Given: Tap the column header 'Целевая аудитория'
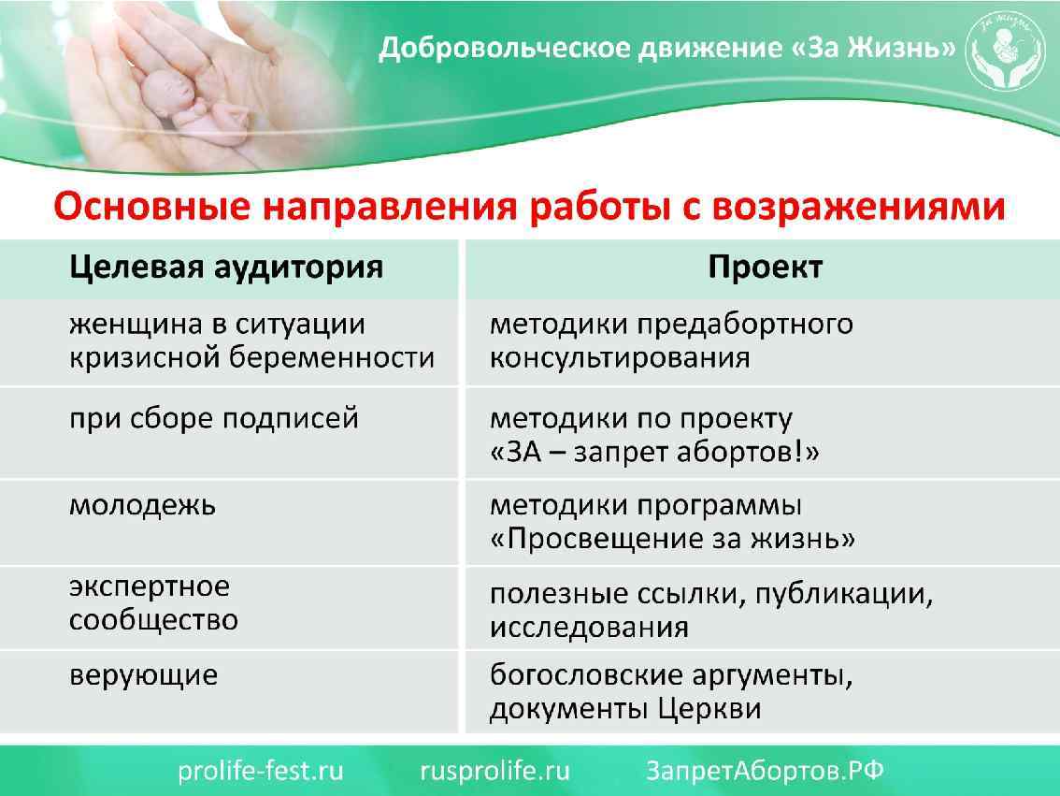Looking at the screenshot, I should (x=226, y=267).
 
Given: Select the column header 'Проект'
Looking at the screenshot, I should (x=765, y=267).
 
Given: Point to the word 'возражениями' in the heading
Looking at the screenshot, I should (x=859, y=205).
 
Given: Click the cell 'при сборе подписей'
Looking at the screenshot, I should (x=214, y=418).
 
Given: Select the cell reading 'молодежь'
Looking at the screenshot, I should (x=142, y=505).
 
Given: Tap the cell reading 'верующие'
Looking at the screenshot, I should (x=143, y=674).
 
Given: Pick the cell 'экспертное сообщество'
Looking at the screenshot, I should (x=153, y=603).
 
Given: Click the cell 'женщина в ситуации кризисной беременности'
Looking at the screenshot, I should (x=251, y=340).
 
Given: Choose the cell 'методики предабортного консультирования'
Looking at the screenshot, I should (x=671, y=340).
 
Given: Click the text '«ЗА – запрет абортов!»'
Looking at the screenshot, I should (x=654, y=453).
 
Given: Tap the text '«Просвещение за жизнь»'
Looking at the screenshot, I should (x=673, y=539).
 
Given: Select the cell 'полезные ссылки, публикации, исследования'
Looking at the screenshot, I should (x=711, y=610).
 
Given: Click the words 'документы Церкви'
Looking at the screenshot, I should (x=625, y=709).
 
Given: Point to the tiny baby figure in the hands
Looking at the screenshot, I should (x=183, y=103).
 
